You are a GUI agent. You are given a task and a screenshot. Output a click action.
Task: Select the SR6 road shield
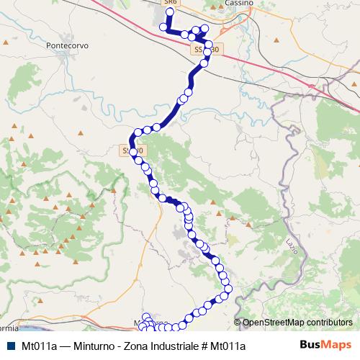pos(170,3)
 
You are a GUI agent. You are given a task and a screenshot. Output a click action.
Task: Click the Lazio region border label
pos(292,239)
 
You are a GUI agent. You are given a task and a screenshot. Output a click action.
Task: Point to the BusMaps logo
pos(324,345)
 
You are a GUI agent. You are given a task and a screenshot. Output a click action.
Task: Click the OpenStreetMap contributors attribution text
pos(297,323)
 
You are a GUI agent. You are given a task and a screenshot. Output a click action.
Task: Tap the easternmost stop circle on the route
pos(229,289)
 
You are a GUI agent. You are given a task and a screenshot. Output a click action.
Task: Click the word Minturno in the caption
pos(93,346)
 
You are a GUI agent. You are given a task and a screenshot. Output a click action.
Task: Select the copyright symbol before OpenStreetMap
pos(238,323)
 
